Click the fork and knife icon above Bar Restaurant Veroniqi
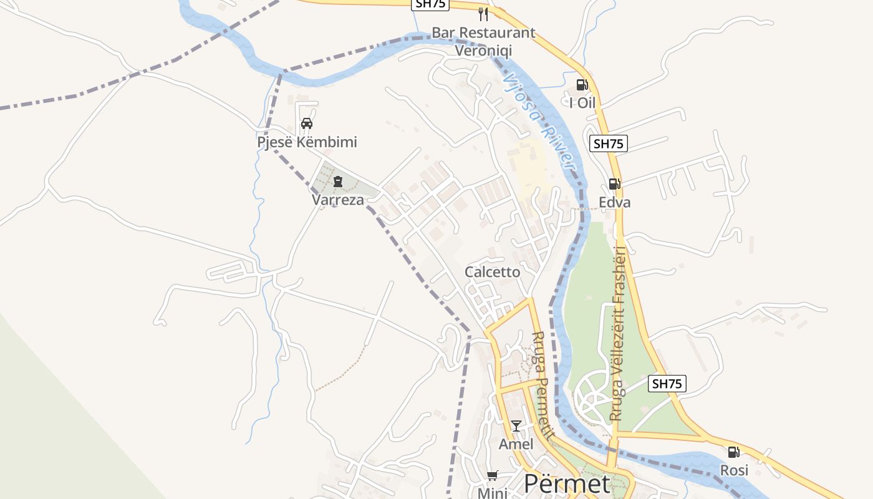click(483, 14)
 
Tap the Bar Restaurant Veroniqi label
click(483, 41)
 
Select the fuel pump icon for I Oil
click(582, 85)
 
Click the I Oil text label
click(582, 103)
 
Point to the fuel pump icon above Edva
click(614, 184)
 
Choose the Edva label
click(615, 202)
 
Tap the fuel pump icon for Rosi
click(734, 452)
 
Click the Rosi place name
click(734, 470)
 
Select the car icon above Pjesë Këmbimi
click(307, 124)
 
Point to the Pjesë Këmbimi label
click(307, 142)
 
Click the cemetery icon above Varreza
click(337, 182)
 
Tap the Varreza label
click(337, 200)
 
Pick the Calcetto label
click(492, 272)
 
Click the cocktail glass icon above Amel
click(516, 426)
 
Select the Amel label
click(516, 444)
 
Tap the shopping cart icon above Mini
click(492, 476)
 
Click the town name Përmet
click(567, 483)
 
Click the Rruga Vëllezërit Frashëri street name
click(618, 334)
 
